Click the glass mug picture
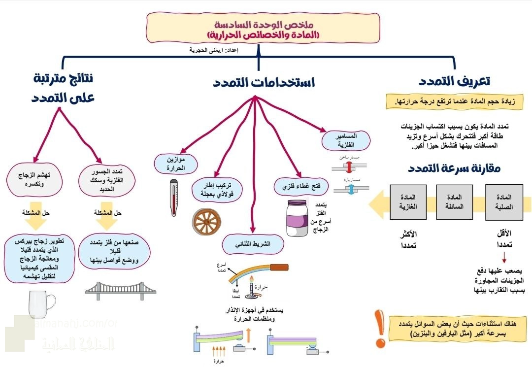42,305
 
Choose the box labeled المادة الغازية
408,202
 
